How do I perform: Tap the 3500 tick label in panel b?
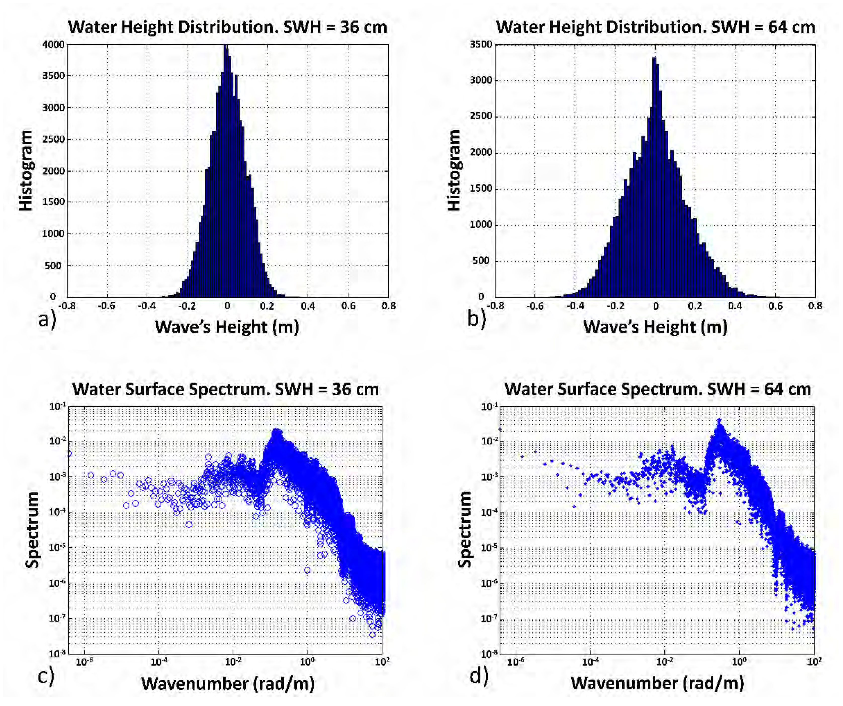point(481,44)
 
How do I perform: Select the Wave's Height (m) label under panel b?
point(655,327)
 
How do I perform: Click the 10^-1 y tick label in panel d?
point(489,407)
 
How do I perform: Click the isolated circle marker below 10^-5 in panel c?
point(307,570)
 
